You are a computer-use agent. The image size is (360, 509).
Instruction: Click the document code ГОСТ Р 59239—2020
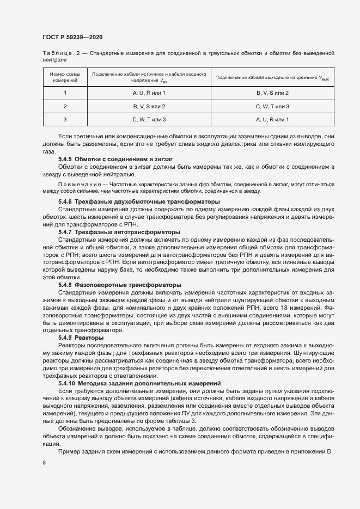pyautogui.click(x=72, y=37)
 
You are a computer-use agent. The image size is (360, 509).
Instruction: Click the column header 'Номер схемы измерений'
pyautogui.click(x=65, y=77)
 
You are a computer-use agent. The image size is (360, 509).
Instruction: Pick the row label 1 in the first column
pyautogui.click(x=65, y=93)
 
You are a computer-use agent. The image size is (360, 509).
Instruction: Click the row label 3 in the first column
pyautogui.click(x=65, y=119)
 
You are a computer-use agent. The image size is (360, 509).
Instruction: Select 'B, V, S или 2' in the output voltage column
pyautogui.click(x=272, y=93)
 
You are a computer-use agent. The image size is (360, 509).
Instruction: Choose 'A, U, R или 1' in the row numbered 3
pyautogui.click(x=272, y=119)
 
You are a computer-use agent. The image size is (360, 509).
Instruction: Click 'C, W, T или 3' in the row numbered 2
pyautogui.click(x=272, y=106)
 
